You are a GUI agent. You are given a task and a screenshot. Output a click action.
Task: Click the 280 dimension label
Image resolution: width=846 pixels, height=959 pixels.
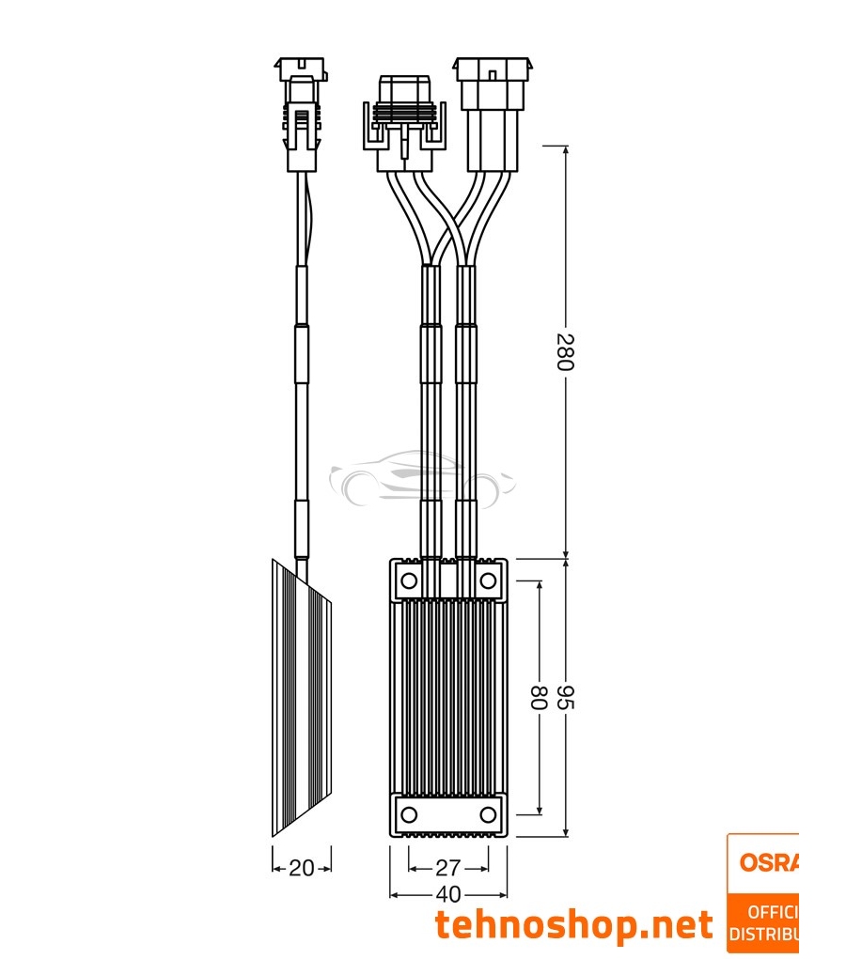[x=565, y=351]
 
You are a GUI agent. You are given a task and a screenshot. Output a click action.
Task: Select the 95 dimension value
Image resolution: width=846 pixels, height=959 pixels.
[x=565, y=698]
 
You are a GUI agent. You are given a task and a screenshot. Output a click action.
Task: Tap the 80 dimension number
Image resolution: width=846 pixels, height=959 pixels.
[x=539, y=698]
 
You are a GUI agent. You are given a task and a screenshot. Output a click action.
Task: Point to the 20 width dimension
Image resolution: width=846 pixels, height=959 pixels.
[x=301, y=868]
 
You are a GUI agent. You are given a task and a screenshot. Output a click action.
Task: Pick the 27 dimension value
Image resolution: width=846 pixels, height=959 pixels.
[x=448, y=868]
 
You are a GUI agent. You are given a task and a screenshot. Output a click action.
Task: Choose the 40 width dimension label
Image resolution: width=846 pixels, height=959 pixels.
[x=448, y=893]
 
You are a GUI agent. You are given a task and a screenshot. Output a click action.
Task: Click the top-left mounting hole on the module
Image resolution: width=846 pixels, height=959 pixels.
[x=409, y=581]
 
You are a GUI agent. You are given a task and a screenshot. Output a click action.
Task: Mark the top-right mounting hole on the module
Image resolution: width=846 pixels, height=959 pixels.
[x=488, y=581]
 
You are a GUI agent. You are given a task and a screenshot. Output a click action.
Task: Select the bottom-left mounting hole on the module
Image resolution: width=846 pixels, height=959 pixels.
[x=409, y=813]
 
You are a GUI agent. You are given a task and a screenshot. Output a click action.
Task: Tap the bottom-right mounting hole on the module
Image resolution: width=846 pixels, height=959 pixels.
[x=488, y=813]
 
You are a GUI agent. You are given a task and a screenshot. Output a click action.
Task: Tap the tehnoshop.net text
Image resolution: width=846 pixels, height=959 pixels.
[x=573, y=925]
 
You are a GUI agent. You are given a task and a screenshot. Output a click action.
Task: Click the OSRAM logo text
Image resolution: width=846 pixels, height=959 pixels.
[x=766, y=862]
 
